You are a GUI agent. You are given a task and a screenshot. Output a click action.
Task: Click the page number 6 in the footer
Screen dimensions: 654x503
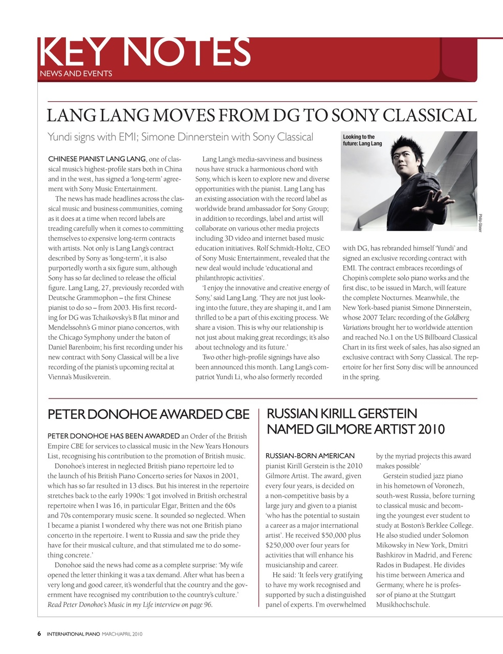click(39, 634)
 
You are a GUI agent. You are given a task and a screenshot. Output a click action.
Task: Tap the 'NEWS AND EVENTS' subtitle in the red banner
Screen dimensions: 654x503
click(76, 74)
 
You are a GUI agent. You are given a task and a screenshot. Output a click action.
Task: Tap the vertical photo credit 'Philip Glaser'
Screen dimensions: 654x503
click(480, 223)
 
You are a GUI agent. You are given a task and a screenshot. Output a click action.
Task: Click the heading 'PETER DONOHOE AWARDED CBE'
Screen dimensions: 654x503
click(148, 414)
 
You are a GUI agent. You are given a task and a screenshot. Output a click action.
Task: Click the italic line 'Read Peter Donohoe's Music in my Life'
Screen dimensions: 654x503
click(129, 605)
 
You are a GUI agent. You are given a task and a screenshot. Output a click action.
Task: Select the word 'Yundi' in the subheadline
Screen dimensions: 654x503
click(61, 137)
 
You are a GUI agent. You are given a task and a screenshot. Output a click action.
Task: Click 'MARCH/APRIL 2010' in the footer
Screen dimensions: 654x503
click(122, 635)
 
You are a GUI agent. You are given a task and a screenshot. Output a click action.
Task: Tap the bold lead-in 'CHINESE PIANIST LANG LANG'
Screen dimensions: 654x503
click(97, 159)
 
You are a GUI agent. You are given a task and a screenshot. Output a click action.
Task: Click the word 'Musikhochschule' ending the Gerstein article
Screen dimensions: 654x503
click(403, 605)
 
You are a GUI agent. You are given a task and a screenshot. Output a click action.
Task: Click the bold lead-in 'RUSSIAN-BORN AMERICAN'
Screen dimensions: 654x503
click(310, 456)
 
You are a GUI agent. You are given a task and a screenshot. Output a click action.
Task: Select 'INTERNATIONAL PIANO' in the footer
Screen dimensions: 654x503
click(73, 635)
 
